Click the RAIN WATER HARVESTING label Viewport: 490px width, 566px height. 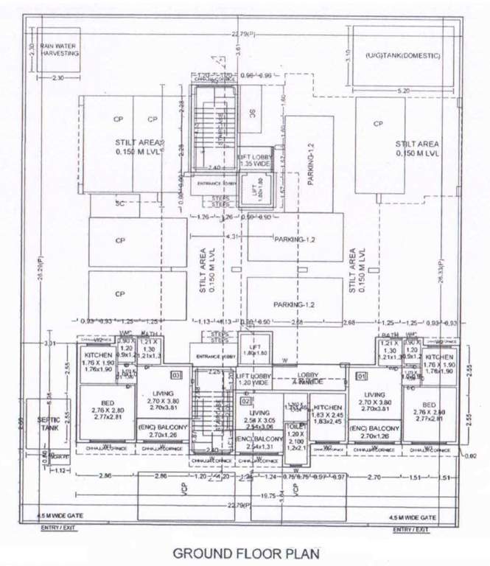pos(58,49)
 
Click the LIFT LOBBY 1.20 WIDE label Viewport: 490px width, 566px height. pos(253,380)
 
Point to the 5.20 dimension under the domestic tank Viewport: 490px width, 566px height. pos(402,91)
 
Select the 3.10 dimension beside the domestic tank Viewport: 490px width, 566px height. pos(346,53)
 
